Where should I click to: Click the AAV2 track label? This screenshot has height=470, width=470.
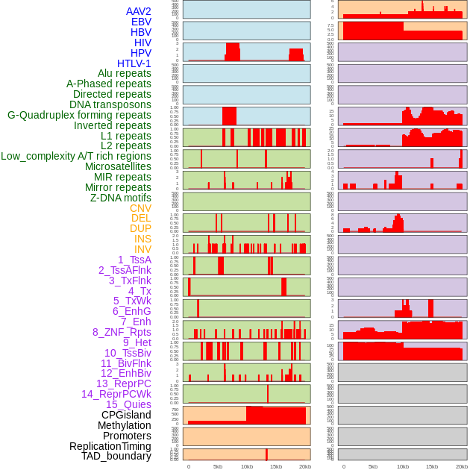click(139, 11)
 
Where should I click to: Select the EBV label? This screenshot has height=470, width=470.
click(141, 22)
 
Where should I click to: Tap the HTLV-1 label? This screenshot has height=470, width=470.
click(134, 63)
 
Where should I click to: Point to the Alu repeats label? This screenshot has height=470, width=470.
click(125, 73)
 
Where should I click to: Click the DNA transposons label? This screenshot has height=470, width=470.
click(110, 104)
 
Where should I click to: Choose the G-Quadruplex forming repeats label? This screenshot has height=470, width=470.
click(79, 115)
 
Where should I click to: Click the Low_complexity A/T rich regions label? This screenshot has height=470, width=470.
click(76, 156)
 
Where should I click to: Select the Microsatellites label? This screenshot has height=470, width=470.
click(118, 166)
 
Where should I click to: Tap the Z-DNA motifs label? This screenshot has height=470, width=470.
click(121, 198)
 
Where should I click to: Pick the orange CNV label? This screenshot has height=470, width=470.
click(140, 208)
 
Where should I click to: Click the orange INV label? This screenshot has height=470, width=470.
click(142, 249)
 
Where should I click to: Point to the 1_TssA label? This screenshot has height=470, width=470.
click(134, 260)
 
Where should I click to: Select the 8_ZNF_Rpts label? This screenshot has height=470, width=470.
click(122, 332)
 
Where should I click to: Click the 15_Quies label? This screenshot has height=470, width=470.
click(128, 404)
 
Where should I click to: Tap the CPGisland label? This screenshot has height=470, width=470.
click(126, 415)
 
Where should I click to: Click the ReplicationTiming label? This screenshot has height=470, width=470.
click(110, 446)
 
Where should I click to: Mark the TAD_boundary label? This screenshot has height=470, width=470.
click(116, 456)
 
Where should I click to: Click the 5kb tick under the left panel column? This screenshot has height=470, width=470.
click(218, 466)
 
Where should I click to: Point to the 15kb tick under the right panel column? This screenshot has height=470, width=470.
click(431, 466)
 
